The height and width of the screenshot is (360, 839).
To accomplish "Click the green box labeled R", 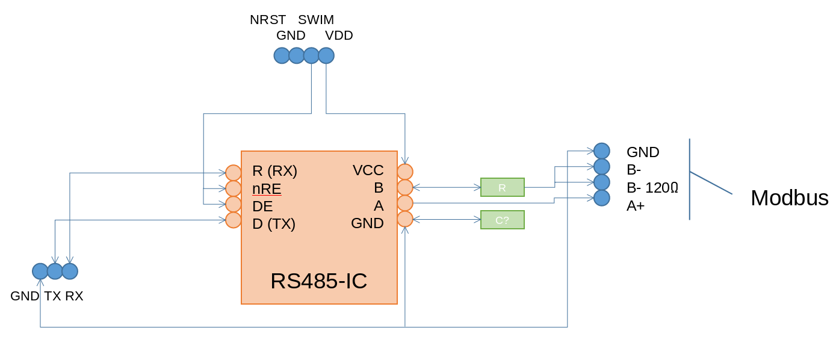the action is click(503, 187).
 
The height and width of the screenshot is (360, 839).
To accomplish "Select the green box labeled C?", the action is click(503, 220).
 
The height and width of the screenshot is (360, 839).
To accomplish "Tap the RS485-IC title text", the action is click(319, 281).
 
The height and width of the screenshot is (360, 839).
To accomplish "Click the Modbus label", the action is click(790, 198).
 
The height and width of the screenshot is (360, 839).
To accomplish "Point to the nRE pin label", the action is click(267, 188).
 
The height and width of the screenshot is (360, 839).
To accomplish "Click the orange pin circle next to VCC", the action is click(405, 172).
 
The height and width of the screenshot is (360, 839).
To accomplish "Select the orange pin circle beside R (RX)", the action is click(234, 173).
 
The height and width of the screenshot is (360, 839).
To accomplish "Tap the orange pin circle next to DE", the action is click(234, 205).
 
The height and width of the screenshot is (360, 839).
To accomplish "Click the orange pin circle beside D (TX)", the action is click(234, 220).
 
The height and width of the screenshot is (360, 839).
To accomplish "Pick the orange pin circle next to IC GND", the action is click(405, 219).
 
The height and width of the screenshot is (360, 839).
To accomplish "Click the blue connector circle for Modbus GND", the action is click(601, 151).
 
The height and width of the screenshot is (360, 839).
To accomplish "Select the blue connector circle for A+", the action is click(601, 198).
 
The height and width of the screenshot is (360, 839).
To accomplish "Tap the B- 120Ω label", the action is click(652, 188).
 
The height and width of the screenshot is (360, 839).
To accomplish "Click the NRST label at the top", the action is click(268, 20).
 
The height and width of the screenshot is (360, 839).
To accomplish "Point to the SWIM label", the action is click(316, 20).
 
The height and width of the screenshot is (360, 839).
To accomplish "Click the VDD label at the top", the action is click(339, 36).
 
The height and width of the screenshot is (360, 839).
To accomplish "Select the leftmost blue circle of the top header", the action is click(282, 56).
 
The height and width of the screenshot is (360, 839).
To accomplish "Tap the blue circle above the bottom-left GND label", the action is click(40, 272).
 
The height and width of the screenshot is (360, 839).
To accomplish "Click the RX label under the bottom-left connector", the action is click(74, 296).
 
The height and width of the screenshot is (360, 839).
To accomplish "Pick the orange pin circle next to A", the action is click(405, 203).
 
